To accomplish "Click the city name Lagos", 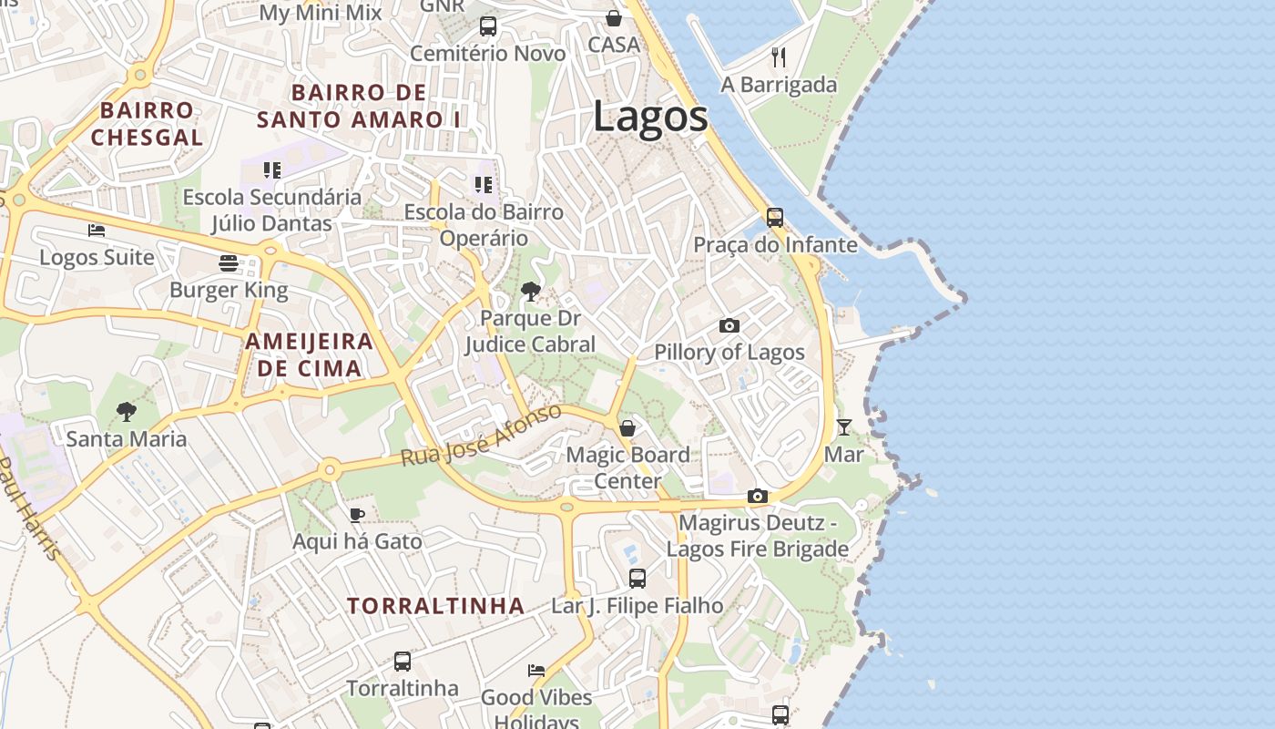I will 650,118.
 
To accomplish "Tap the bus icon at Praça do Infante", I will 774,218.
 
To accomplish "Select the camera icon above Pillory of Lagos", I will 729,325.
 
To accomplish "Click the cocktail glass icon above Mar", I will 844,426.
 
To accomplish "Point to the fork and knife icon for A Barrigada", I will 779,57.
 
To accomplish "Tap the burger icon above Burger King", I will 228,263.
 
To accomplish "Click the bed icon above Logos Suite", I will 97,231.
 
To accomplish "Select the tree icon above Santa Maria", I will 127,412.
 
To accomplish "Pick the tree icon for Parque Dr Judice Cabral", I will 530,292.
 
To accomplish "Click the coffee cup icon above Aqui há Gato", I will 357,515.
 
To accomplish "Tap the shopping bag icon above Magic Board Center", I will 627,427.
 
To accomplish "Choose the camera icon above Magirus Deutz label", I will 757,497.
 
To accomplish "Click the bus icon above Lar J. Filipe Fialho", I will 637,578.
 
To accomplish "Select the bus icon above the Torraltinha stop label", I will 402,661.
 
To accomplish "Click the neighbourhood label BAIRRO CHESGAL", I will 147,124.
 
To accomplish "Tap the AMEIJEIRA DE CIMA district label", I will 310,354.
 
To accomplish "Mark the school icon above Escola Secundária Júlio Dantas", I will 271,170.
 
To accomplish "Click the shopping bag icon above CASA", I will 614,18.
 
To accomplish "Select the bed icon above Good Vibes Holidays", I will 536,671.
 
